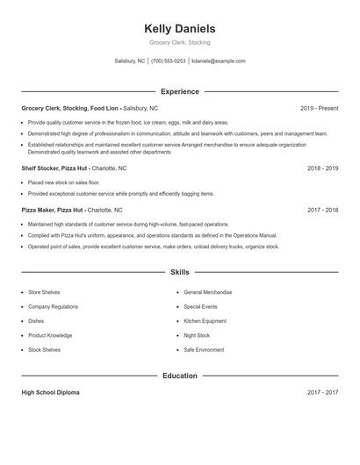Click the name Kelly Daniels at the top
pyautogui.click(x=179, y=29)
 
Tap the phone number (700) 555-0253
pyautogui.click(x=169, y=61)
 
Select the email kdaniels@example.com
pyautogui.click(x=218, y=61)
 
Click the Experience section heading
pyautogui.click(x=179, y=91)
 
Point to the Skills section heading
pyautogui.click(x=179, y=273)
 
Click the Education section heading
pyautogui.click(x=179, y=376)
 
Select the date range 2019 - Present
pyautogui.click(x=319, y=108)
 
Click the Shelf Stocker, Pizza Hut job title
pyautogui.click(x=54, y=168)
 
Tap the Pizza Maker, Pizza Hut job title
pyautogui.click(x=53, y=211)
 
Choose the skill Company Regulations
pyautogui.click(x=53, y=307)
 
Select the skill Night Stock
pyautogui.click(x=197, y=335)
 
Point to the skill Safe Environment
pyautogui.click(x=205, y=349)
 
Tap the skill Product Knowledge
pyautogui.click(x=50, y=335)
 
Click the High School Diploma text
pyautogui.click(x=50, y=392)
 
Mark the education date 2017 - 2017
pyautogui.click(x=322, y=392)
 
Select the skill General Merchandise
pyautogui.click(x=208, y=292)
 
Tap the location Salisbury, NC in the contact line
pyautogui.click(x=129, y=61)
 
